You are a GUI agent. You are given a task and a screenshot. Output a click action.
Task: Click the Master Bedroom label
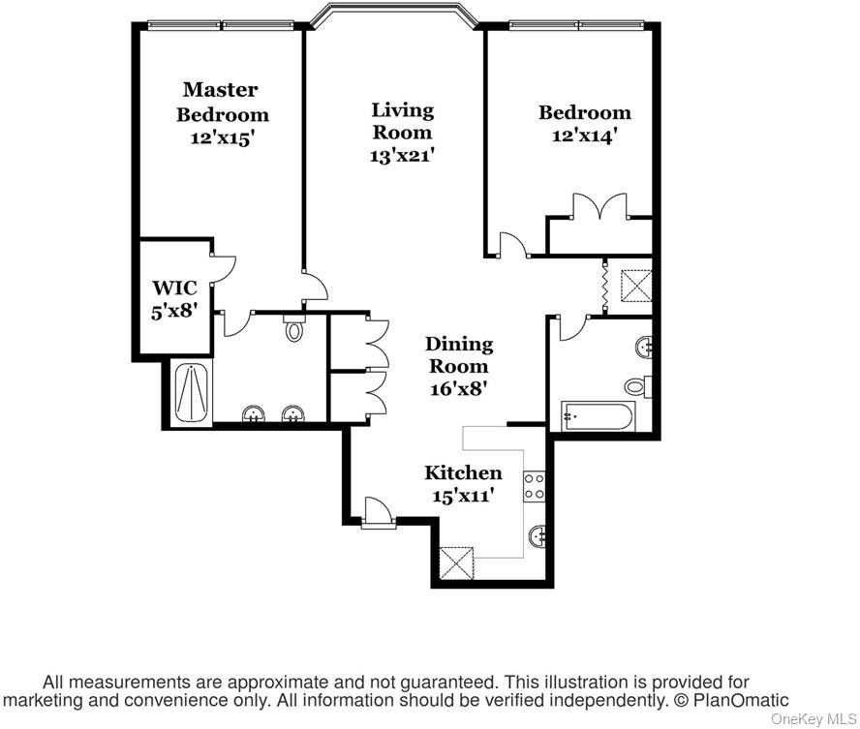pos(222,102)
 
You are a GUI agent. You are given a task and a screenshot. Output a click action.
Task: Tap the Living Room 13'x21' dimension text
pos(402,156)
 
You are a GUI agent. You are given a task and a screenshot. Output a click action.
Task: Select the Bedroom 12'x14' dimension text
pos(585,136)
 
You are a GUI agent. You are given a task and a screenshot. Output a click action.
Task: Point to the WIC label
pos(174,288)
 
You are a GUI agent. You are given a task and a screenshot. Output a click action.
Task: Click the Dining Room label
pos(459,354)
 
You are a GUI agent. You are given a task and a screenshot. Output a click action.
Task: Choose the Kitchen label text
pos(463,472)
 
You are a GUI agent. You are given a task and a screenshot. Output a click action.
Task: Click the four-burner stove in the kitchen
pos(535,486)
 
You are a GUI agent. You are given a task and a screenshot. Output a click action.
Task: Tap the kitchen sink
pos(537,535)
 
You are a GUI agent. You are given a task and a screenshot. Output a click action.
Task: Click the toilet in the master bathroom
pos(294,327)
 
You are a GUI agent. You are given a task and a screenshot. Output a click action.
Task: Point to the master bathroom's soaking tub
pos(191,393)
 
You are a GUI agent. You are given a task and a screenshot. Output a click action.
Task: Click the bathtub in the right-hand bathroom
pos(599,416)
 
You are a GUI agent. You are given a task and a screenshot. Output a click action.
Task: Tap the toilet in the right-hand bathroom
pos(638,386)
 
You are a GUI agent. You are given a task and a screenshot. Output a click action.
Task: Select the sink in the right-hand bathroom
pos(644,347)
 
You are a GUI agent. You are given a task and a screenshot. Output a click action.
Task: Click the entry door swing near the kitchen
pos(377,511)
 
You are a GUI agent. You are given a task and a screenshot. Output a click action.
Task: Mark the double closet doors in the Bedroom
pos(599,206)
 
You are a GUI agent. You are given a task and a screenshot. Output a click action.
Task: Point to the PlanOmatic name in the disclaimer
pos(741,700)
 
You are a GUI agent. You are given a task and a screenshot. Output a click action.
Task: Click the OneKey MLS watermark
pos(814,719)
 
